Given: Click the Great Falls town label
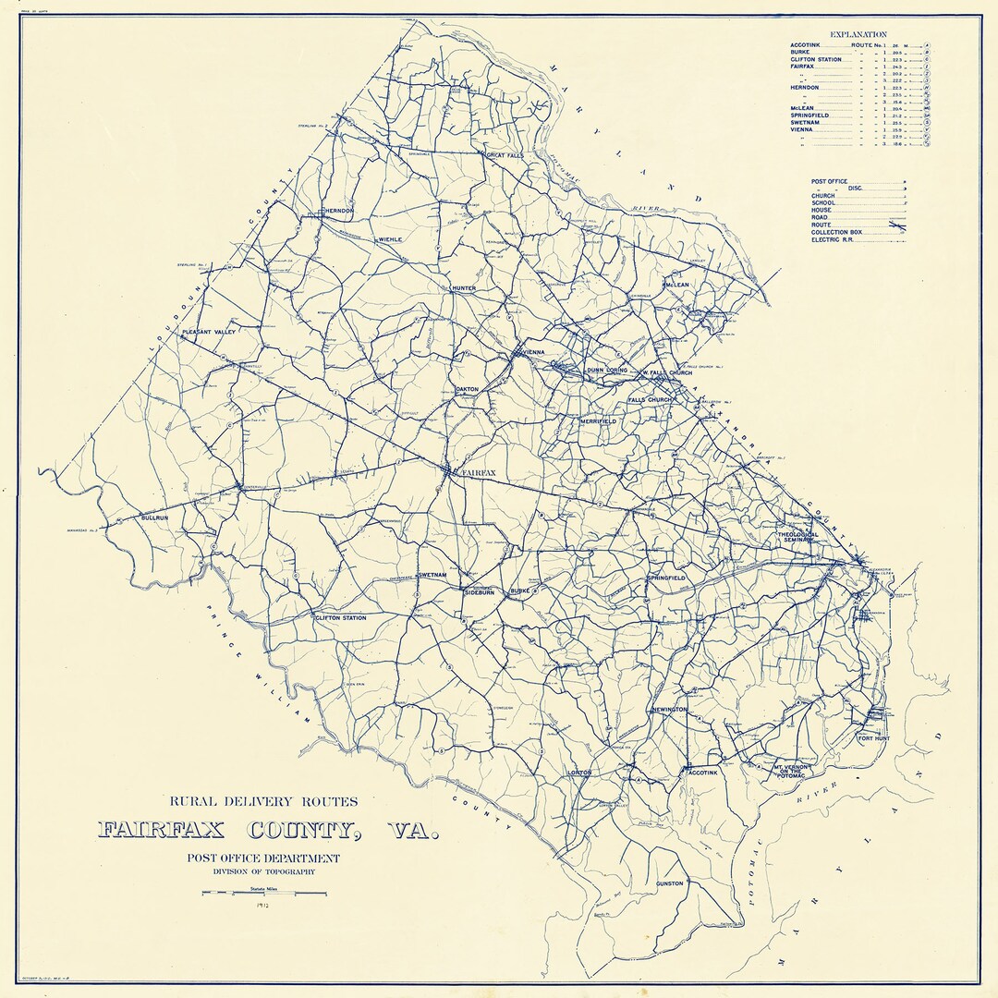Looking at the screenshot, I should tap(505, 156).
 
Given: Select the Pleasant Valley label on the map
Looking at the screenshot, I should tap(209, 331).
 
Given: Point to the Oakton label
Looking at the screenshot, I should tap(468, 390).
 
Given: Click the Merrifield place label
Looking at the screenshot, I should tap(598, 421).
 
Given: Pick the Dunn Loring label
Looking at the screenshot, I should tap(607, 371).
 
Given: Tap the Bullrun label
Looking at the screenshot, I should tap(155, 518).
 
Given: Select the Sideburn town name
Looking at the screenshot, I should tap(480, 592).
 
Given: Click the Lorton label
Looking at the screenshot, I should tap(579, 773).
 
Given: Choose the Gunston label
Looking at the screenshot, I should tap(670, 884).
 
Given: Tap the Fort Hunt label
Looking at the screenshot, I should tap(874, 739).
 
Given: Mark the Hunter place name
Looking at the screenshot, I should tap(463, 289).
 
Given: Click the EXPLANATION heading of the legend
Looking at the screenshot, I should tap(858, 34).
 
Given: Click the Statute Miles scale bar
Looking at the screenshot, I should tap(264, 894).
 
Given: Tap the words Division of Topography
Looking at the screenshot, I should tap(263, 871).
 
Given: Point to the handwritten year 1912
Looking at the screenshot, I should tap(264, 907).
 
